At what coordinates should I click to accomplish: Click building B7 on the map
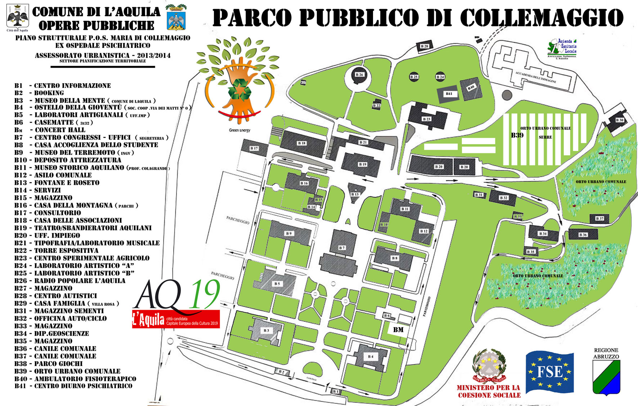(x=342, y=247)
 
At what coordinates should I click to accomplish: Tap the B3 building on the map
(x=266, y=330)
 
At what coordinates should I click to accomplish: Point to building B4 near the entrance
(x=370, y=357)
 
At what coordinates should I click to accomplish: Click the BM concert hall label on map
(x=398, y=330)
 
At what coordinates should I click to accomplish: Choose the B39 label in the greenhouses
(x=517, y=135)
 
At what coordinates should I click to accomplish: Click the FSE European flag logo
(x=549, y=372)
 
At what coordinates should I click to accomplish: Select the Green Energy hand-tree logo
(x=238, y=83)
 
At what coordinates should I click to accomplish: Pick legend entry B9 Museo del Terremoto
(x=74, y=153)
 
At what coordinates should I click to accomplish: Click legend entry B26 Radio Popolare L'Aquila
(x=70, y=281)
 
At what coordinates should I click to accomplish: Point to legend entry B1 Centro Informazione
(x=63, y=86)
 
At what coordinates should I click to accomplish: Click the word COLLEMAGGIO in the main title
(x=542, y=17)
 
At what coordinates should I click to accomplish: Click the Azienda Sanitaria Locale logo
(x=562, y=48)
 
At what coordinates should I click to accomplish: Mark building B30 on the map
(x=619, y=120)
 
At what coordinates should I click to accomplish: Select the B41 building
(x=449, y=94)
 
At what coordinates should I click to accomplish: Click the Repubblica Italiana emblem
(x=489, y=366)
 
